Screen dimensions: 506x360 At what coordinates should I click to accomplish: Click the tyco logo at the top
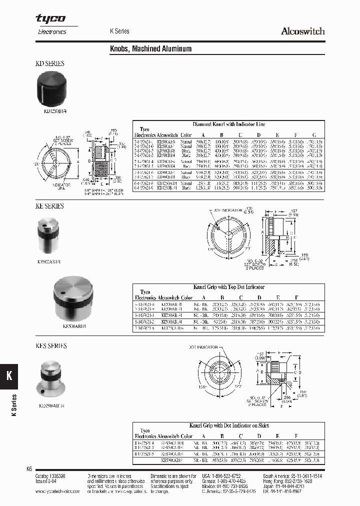[50, 18]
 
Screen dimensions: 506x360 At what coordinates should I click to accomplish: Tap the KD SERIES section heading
[49, 63]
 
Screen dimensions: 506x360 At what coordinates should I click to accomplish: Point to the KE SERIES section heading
[49, 206]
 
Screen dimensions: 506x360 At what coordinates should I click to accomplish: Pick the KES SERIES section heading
[51, 345]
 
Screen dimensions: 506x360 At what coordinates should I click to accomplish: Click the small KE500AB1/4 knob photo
[49, 234]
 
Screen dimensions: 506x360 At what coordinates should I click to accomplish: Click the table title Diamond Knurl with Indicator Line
[229, 124]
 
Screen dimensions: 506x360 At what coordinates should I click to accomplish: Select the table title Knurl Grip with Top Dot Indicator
[229, 287]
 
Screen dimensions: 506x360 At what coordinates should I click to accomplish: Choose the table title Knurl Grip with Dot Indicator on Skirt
[229, 425]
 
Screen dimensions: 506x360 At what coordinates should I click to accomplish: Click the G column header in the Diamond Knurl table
[313, 135]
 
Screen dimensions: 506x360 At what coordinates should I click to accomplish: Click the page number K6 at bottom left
[29, 469]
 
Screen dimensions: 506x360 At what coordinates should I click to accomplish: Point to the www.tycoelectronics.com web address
[58, 491]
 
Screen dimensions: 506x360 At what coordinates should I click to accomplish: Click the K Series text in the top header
[119, 31]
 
